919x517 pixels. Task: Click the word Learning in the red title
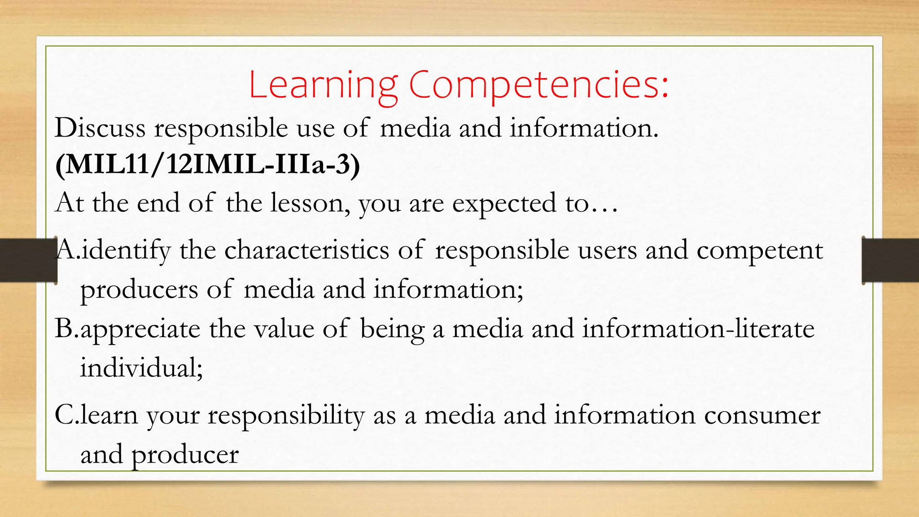323,85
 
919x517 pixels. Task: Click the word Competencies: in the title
538,85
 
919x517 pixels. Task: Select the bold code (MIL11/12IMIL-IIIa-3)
207,165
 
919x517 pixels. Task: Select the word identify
126,250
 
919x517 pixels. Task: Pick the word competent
759,250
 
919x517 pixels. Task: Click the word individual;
142,368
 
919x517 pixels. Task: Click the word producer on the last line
185,455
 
